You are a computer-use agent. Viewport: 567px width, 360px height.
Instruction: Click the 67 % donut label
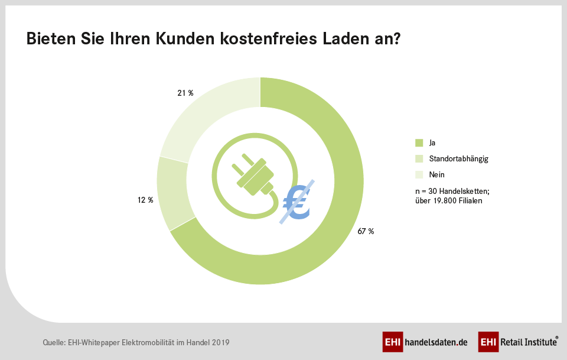[x=366, y=231]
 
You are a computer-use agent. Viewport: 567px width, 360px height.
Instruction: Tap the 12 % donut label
[x=145, y=200]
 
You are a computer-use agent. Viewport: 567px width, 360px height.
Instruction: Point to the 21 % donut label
[x=185, y=93]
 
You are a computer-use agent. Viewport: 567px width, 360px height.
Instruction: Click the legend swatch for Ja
[x=419, y=142]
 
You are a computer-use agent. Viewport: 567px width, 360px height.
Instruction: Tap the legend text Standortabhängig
[x=458, y=159]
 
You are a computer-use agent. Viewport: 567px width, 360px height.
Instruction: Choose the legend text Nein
[x=436, y=175]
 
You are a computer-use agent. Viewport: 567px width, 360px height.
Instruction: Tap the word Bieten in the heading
[x=50, y=40]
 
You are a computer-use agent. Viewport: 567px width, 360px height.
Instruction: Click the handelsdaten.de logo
[x=425, y=342]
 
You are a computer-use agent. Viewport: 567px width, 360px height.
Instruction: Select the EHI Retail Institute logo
[x=518, y=342]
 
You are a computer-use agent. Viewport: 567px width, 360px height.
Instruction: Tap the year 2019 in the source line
[x=220, y=342]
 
